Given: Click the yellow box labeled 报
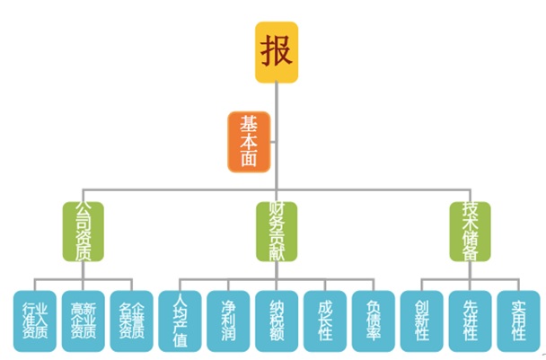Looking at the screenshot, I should [277, 52].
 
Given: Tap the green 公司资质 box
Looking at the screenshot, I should [84, 231].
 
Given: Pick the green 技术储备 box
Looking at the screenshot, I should [470, 231].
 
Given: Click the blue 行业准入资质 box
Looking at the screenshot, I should [34, 320].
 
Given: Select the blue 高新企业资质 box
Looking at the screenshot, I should [84, 320].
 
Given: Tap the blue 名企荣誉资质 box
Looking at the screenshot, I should [132, 320].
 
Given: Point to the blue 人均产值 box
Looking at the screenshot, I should [181, 320].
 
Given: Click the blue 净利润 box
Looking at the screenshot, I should [229, 320].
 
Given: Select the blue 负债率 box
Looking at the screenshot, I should [374, 320].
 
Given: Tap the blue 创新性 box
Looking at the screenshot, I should [422, 320].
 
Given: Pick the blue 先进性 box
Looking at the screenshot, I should [471, 320].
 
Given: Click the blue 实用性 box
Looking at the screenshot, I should [519, 320].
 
